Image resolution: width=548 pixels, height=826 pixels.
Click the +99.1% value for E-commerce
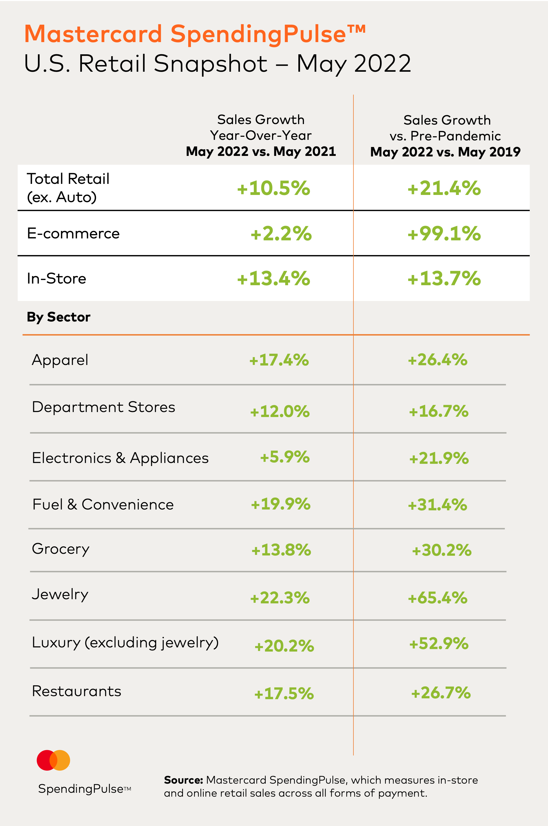click(444, 233)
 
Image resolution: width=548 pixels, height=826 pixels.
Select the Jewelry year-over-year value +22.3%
click(280, 598)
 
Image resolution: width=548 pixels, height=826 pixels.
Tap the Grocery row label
click(60, 549)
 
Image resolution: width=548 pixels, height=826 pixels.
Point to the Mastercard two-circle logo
click(53, 760)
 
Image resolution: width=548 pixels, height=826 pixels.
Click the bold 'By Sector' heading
click(58, 317)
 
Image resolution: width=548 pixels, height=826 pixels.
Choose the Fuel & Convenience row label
click(103, 505)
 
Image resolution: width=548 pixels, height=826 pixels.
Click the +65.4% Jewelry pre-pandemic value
click(438, 598)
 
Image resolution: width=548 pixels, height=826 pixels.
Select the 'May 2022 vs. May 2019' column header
click(445, 152)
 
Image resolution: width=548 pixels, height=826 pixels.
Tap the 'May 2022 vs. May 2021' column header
click(261, 151)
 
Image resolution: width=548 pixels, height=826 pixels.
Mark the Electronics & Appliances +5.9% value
click(285, 457)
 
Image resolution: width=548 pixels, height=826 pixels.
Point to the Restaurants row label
click(77, 691)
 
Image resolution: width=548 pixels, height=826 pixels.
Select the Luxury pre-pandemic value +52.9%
click(439, 644)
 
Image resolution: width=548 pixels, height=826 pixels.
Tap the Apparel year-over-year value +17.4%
click(279, 360)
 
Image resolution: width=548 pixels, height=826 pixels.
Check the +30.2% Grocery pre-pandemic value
click(442, 550)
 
